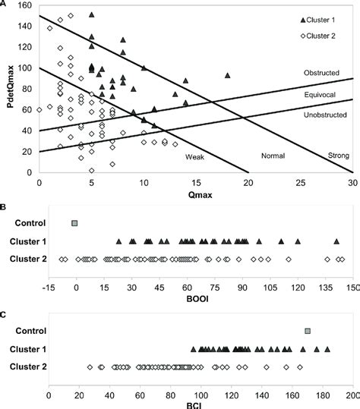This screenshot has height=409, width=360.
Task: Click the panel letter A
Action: tap(4, 4)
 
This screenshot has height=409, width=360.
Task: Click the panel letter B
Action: tap(4, 205)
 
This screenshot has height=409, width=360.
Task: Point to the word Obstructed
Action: tap(321, 73)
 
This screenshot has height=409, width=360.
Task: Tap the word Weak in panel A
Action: tap(195, 156)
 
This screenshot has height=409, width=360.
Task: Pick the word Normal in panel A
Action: tap(272, 156)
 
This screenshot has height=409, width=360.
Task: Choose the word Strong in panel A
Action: tap(338, 156)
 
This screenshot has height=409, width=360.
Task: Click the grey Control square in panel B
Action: tap(74, 223)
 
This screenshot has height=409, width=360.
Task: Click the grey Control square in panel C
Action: tap(308, 331)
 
